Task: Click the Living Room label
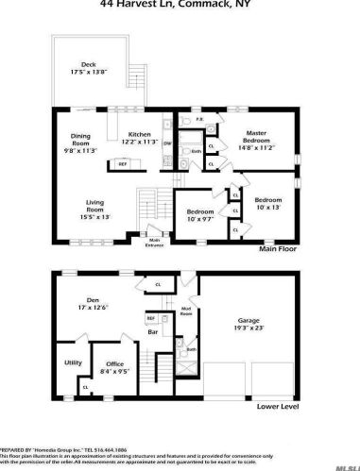coord(94,211)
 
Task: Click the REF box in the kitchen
coord(96,165)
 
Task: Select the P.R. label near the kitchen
coord(199,120)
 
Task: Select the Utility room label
coord(72,362)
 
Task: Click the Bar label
coord(149,333)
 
